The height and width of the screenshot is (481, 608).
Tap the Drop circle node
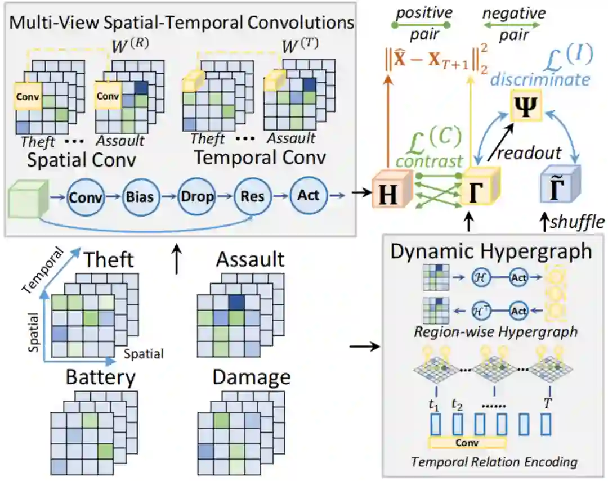point(197,197)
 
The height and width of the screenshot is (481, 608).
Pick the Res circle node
point(253,197)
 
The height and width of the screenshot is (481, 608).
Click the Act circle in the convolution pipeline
point(308,195)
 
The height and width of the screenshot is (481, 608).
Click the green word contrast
point(429,161)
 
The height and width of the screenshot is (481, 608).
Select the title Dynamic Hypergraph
point(491,251)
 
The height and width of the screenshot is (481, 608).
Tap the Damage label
point(252,377)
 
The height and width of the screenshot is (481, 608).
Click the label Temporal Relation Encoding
point(494,462)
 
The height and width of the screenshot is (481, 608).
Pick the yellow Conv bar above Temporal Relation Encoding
point(467,443)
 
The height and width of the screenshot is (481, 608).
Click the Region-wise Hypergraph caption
point(495,331)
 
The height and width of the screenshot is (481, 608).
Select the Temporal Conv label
point(260,158)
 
